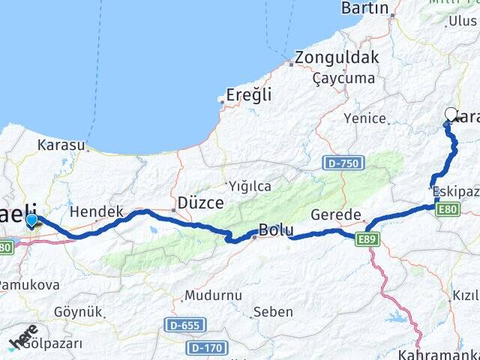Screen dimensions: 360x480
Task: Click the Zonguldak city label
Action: tap(337, 57)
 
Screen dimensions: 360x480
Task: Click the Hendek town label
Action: tap(96, 212)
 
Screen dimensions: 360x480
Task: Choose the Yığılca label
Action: tap(250, 185)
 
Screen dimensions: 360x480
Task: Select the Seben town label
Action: tap(273, 311)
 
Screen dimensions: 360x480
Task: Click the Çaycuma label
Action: tap(343, 78)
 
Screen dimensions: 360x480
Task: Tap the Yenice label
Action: tap(365, 118)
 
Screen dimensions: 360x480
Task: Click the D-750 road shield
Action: tap(344, 162)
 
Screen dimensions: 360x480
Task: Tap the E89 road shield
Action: tap(367, 239)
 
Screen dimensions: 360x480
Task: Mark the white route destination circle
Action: tap(451, 114)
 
